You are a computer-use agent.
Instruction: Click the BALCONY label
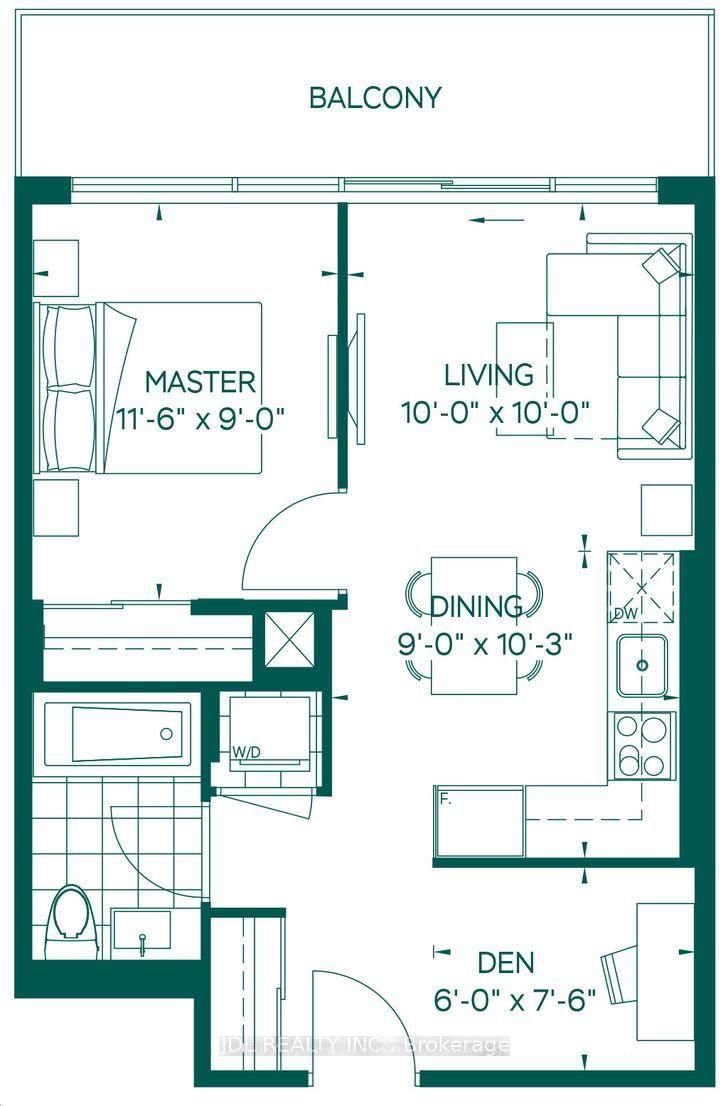(375, 98)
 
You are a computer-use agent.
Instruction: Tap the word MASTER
(200, 381)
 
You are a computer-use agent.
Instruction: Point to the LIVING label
(488, 375)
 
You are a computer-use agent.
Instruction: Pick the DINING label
(476, 606)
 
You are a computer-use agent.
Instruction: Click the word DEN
(505, 963)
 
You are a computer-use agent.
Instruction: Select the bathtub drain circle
(166, 733)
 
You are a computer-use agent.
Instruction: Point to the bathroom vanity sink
(141, 933)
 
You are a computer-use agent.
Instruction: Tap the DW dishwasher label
(626, 613)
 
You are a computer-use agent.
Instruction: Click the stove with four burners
(640, 746)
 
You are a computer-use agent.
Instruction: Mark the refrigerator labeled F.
(478, 822)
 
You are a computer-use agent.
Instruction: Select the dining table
(474, 626)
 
